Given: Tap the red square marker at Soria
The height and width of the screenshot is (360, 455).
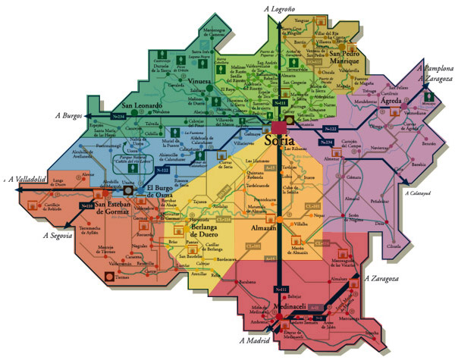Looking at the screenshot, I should click(281, 125).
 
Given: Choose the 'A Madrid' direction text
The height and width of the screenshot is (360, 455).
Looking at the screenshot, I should click(255, 343).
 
